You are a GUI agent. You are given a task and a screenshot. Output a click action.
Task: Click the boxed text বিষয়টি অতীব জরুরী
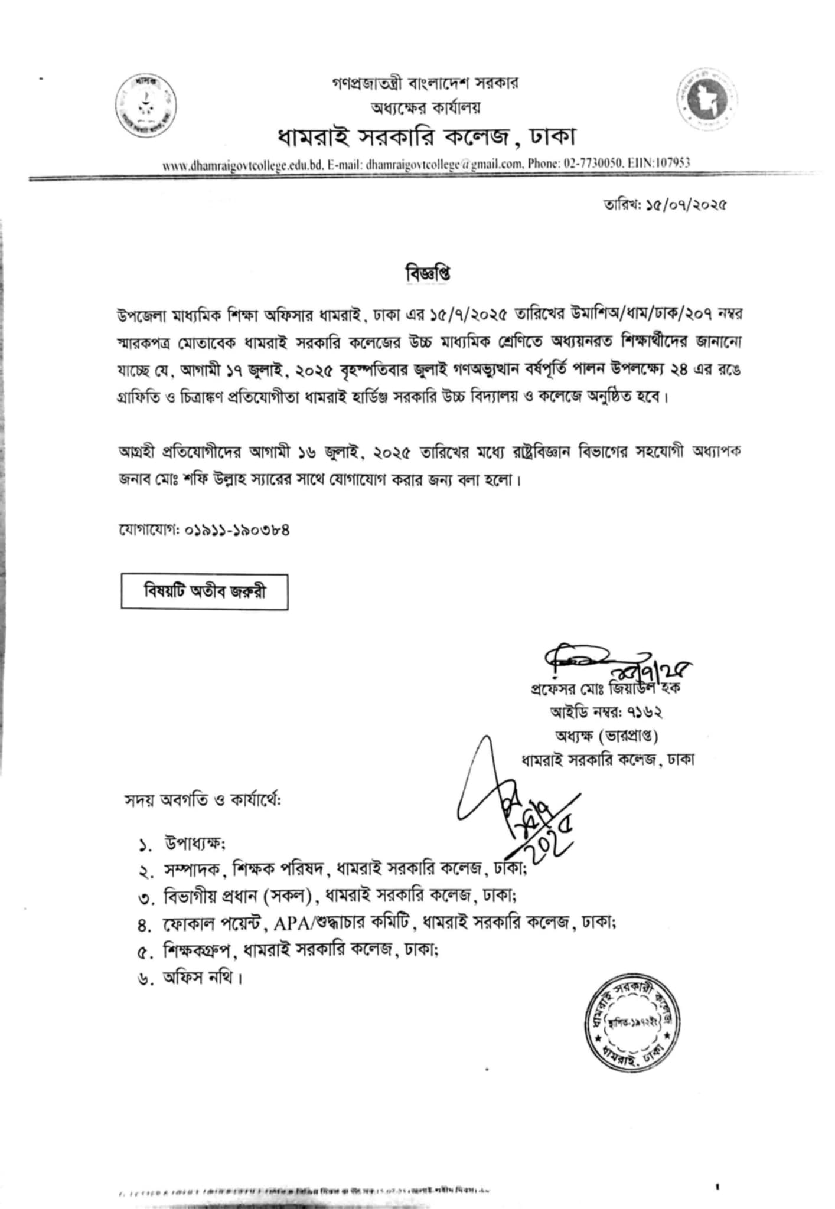204,591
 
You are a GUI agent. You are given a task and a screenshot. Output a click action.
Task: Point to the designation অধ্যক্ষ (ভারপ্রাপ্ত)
606,736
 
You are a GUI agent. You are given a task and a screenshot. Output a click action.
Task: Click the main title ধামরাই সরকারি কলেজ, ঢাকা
426,136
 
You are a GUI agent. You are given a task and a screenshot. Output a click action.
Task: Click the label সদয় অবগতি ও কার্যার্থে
203,801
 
